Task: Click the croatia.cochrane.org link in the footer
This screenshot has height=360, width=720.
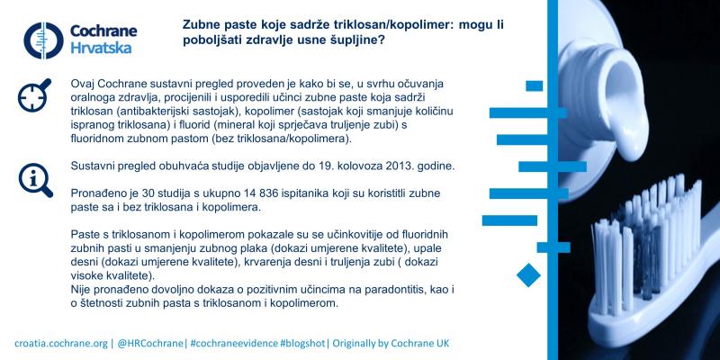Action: click(x=61, y=344)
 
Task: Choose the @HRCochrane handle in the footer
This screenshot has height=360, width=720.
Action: click(x=151, y=344)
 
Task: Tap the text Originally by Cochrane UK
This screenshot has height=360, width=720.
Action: click(x=391, y=344)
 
